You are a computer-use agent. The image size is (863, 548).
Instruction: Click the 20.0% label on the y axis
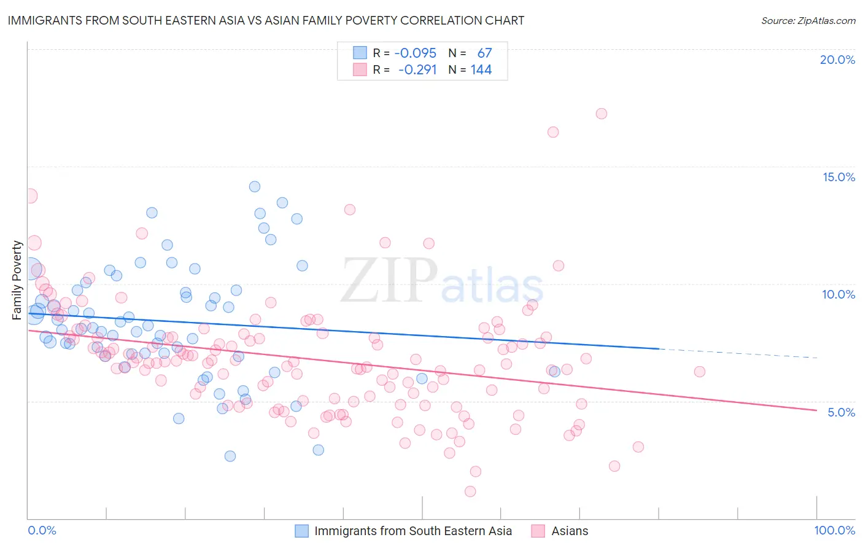[x=837, y=60]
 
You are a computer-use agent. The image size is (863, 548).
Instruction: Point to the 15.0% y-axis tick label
[x=838, y=177]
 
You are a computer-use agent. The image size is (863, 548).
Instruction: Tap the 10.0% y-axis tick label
[x=838, y=294]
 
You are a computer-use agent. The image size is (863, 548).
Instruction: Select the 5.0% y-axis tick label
[x=841, y=412]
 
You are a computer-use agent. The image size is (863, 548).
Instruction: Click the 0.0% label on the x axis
[x=42, y=530]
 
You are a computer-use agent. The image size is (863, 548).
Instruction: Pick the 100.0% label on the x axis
[x=834, y=530]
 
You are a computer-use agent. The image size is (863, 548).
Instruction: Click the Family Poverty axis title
[x=17, y=280]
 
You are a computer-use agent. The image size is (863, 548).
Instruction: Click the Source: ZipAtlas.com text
[x=808, y=21]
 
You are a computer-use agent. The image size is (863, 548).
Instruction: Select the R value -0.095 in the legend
[x=415, y=53]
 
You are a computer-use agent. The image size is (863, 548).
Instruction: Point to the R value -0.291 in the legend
[x=417, y=70]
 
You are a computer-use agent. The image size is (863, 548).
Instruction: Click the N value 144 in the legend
[x=481, y=70]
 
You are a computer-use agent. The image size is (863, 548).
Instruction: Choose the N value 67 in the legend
[x=484, y=53]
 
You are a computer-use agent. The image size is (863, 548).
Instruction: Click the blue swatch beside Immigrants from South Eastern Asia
[x=301, y=531]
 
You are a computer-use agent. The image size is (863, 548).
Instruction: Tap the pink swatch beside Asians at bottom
[x=538, y=531]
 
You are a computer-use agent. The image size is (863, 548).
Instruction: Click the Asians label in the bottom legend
[x=570, y=531]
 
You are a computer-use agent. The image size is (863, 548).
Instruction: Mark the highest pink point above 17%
[x=602, y=114]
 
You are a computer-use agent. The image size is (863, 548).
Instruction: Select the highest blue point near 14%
[x=255, y=186]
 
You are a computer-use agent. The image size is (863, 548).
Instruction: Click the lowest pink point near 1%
[x=470, y=491]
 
